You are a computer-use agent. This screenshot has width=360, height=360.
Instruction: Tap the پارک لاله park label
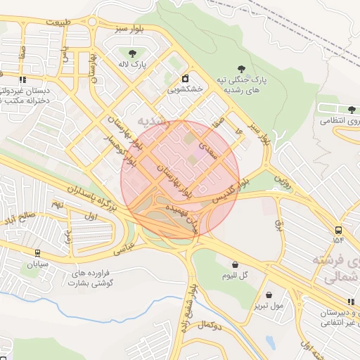(131, 65)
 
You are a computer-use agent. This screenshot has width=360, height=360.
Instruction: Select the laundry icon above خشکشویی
(185, 78)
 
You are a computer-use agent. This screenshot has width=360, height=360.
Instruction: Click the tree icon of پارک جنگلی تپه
(241, 68)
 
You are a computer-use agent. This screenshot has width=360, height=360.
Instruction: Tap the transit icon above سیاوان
(37, 253)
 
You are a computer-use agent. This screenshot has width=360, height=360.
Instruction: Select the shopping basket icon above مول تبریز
(270, 295)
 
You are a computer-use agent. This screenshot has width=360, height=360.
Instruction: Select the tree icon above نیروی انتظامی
(351, 109)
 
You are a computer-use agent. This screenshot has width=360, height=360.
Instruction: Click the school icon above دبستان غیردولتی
(23, 79)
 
